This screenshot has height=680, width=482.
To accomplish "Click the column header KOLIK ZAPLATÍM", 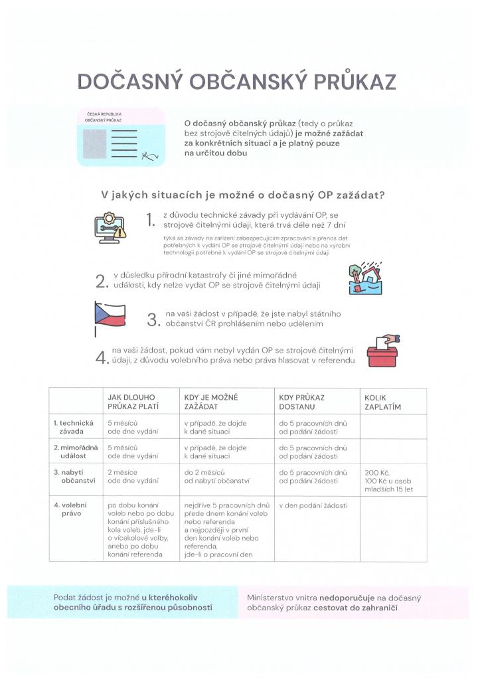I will click(x=383, y=402).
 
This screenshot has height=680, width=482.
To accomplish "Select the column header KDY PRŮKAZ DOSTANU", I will click(x=302, y=402).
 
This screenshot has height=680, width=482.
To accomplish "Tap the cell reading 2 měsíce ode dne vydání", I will click(x=132, y=477).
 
